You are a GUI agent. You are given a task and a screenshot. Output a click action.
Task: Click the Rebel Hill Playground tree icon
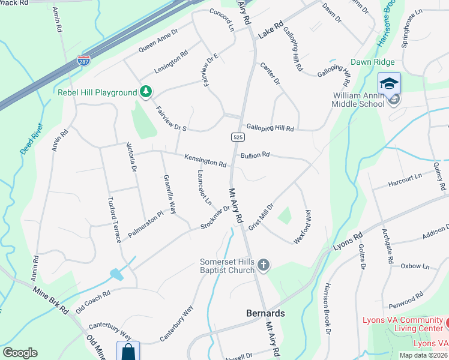tap(145, 92)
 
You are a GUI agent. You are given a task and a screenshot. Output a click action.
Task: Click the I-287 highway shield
tap(83, 61)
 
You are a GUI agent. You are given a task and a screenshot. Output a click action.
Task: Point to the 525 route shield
tap(238, 137)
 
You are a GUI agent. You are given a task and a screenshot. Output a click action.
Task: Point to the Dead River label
tap(32, 140)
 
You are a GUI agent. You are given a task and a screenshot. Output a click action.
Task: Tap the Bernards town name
tap(265, 313)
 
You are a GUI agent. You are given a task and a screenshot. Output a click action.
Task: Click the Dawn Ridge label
tap(373, 62)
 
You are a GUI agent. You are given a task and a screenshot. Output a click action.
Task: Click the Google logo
tap(20, 353)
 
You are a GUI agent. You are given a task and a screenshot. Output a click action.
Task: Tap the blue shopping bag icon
tap(128, 350)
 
